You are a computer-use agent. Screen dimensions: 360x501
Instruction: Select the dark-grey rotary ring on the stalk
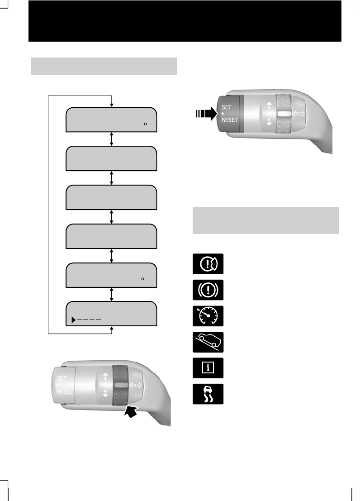[121, 385]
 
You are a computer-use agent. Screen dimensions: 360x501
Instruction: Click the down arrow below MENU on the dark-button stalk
[270, 122]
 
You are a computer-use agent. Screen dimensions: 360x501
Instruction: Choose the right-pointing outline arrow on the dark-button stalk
[302, 114]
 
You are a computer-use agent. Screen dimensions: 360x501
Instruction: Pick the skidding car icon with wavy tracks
[208, 394]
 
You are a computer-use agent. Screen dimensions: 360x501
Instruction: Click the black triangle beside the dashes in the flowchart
[73, 320]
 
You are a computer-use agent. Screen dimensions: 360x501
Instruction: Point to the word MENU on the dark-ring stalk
[103, 385]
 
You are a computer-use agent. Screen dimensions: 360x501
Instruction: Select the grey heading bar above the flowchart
[104, 66]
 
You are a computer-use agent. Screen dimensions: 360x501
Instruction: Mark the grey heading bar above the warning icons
[265, 220]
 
